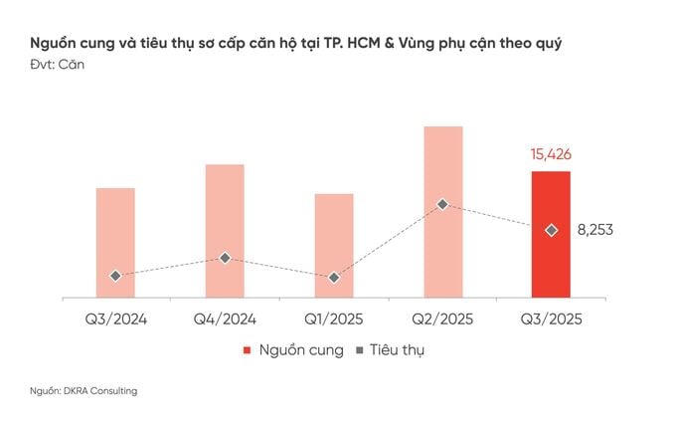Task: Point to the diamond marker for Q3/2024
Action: (115, 276)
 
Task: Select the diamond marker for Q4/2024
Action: (225, 258)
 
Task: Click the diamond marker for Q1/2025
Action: (334, 278)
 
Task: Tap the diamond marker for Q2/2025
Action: (442, 204)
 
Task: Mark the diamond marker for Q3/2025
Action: (551, 230)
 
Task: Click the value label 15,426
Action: (551, 155)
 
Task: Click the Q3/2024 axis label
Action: (115, 320)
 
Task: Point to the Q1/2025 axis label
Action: (334, 320)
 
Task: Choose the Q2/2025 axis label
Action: (442, 320)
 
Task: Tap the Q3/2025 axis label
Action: (551, 320)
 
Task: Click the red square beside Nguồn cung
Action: (247, 350)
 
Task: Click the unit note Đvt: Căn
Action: (59, 66)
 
